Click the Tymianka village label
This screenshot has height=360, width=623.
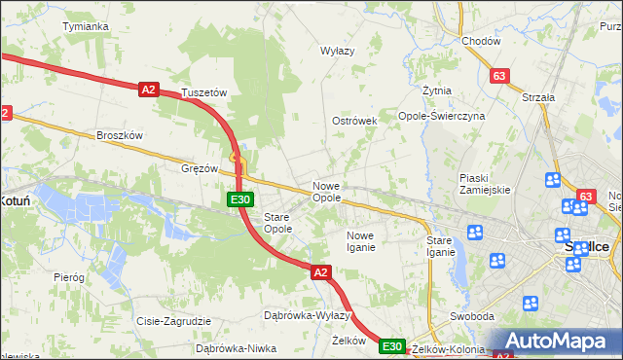[x=85, y=26]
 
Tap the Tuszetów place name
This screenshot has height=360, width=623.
[x=204, y=92]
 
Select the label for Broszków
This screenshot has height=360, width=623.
[x=120, y=135]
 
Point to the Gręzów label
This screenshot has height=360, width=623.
[x=200, y=167]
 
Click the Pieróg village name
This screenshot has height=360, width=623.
[x=69, y=277]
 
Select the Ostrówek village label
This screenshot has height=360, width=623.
[x=354, y=121]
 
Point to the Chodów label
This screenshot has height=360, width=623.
[x=481, y=41]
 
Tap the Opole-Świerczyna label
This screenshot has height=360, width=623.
[x=441, y=116]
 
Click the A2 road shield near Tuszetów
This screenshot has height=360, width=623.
[x=148, y=90]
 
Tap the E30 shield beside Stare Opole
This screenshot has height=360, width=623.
[x=240, y=199]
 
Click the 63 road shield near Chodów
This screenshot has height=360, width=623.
[x=500, y=76]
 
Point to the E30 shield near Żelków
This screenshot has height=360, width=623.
[x=391, y=346]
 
